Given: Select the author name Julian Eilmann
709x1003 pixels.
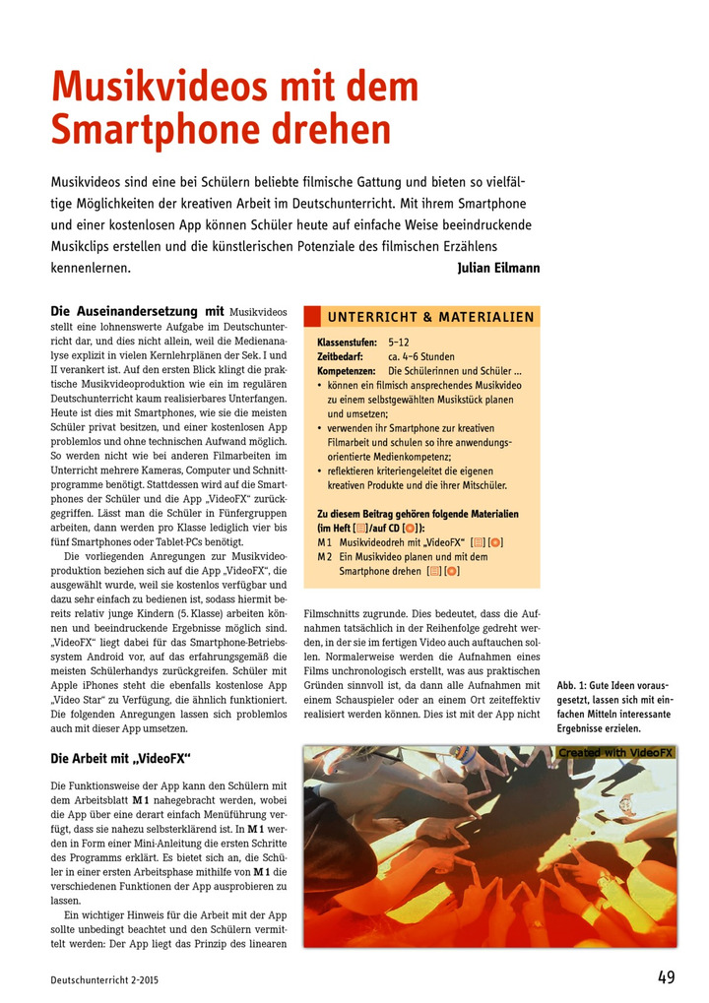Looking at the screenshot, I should pyautogui.click(x=498, y=268).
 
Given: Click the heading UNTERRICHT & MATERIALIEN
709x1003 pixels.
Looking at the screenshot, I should pyautogui.click(x=430, y=317).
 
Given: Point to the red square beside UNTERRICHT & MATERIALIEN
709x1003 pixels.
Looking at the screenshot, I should pyautogui.click(x=312, y=317).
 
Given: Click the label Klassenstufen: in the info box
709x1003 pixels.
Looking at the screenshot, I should pyautogui.click(x=346, y=343).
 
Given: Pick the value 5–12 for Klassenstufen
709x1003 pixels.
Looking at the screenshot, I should pyautogui.click(x=400, y=343).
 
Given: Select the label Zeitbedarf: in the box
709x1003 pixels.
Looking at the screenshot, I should pyautogui.click(x=341, y=357).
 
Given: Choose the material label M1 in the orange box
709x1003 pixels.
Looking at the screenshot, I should pyautogui.click(x=325, y=542).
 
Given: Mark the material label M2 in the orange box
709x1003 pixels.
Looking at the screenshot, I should pyautogui.click(x=325, y=557).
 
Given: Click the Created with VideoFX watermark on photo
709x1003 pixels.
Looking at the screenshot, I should pyautogui.click(x=615, y=753).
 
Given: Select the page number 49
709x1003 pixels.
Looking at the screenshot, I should pyautogui.click(x=667, y=977).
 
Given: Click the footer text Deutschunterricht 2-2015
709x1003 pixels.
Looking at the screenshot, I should pyautogui.click(x=104, y=980).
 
